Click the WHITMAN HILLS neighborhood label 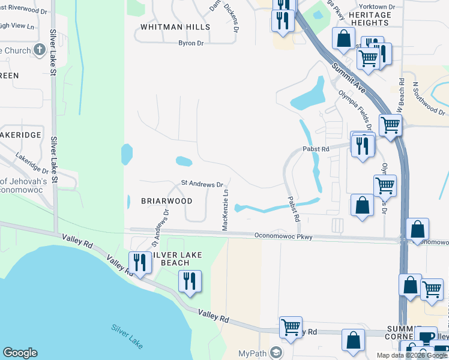(175, 27)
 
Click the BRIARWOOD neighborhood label (167, 201)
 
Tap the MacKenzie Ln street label (226, 210)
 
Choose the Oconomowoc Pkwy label (283, 236)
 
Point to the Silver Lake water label (127, 337)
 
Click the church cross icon (40, 50)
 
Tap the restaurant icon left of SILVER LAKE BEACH (139, 262)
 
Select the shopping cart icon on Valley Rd (291, 328)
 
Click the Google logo (20, 353)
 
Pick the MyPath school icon (277, 352)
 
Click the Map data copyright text (412, 355)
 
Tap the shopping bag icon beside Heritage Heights (343, 38)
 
